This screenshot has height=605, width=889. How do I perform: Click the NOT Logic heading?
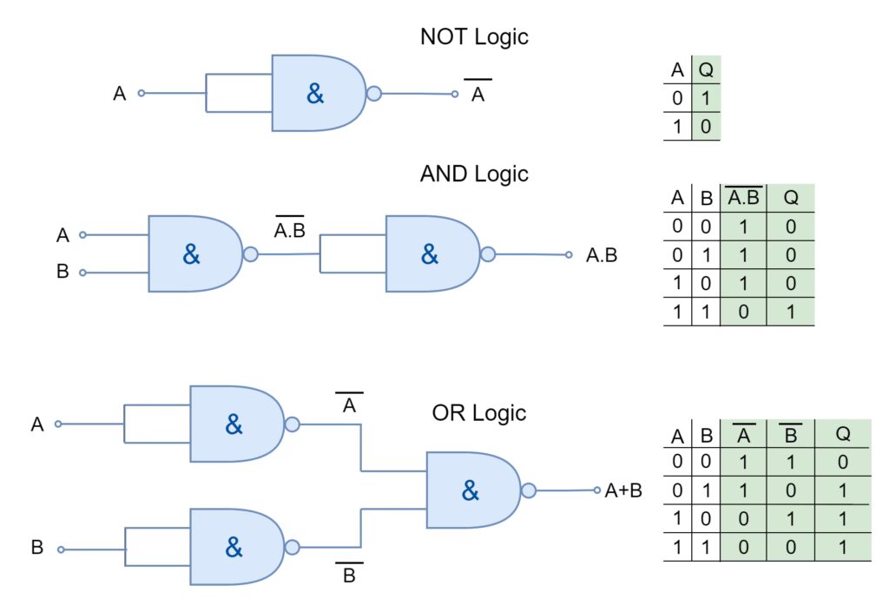(474, 36)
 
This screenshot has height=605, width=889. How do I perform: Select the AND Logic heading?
(474, 173)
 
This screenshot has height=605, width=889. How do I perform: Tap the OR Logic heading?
(479, 412)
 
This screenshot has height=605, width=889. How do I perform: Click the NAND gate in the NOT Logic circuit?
(318, 94)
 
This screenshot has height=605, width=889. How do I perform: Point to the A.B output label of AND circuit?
(602, 255)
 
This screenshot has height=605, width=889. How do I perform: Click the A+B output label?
(624, 490)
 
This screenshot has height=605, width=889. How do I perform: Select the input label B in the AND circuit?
(63, 272)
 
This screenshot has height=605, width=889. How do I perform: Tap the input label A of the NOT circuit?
(120, 93)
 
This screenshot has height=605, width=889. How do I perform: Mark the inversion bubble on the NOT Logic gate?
(374, 94)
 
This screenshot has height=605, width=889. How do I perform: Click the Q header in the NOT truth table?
(706, 69)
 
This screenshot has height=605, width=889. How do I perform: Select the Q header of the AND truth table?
(791, 197)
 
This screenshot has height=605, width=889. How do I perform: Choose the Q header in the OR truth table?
(842, 433)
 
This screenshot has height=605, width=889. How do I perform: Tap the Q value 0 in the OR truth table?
(842, 462)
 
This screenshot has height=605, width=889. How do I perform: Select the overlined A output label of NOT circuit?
(477, 93)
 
